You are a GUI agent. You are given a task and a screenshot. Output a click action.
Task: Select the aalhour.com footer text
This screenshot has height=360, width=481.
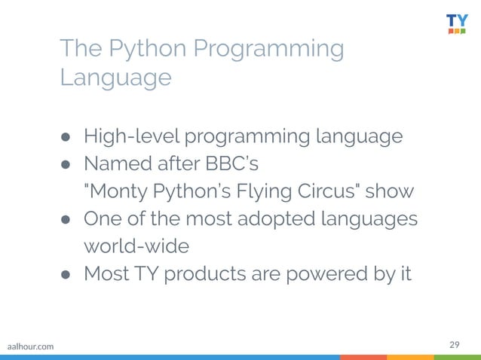click(30, 346)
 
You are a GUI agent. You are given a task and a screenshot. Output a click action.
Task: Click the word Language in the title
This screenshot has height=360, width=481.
click(115, 78)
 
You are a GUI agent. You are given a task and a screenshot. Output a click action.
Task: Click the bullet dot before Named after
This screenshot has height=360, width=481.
click(66, 164)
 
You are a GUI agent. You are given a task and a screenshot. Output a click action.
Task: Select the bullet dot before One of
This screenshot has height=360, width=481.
click(66, 219)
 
